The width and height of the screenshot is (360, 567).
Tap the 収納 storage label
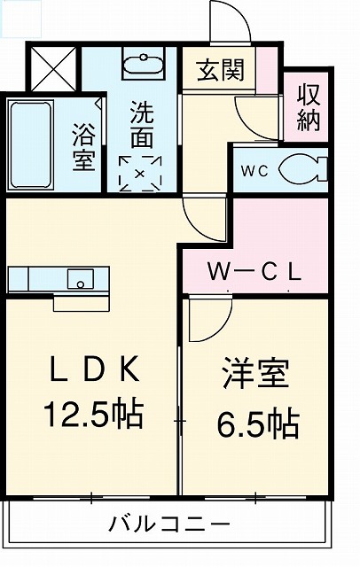click(307, 108)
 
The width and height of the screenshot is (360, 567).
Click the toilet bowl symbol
click(301, 167)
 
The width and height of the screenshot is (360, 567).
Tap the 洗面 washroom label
click(141, 126)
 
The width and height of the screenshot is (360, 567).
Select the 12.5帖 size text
click(92, 415)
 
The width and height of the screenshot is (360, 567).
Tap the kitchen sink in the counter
click(81, 277)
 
